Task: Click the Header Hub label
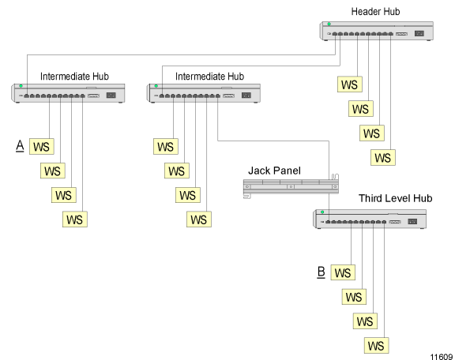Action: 375,12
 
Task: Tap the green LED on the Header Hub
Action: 329,24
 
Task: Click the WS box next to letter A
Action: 42,146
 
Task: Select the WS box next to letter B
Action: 343,272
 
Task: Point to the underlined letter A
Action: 20,145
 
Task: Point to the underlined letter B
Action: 321,272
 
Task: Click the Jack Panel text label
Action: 274,171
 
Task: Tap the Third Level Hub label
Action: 396,198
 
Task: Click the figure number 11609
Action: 442,357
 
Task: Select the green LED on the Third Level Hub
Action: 322,212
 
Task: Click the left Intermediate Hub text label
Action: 74,77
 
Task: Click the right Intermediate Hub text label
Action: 209,77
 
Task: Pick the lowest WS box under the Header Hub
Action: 383,158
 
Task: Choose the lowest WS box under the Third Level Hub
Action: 376,346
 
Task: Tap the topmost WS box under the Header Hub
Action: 350,84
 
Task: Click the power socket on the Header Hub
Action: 419,33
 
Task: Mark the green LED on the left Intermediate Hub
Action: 21,86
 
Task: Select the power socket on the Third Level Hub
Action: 412,222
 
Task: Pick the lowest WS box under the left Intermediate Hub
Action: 75,219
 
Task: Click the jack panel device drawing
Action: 291,186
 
